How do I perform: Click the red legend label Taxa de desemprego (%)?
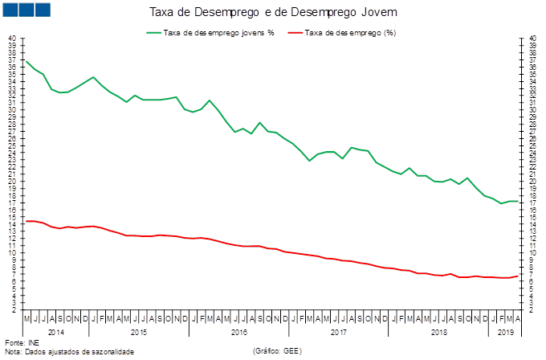coord(350,33)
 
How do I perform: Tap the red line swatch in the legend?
coord(294,33)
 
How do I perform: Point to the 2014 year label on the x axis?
coord(55,330)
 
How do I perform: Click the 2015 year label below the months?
coord(137,330)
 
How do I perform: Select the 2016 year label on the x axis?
coord(238,330)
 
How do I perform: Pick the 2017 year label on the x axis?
coord(338,330)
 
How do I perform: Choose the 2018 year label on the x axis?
coord(438,330)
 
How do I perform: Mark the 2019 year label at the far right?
coord(505,330)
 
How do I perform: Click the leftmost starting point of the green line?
coord(26,61)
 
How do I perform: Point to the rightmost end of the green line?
coord(518,201)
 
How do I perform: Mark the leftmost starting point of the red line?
coord(26,221)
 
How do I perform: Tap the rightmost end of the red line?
coord(518,276)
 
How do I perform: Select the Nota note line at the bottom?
coord(69,351)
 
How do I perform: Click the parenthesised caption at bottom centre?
coord(276,351)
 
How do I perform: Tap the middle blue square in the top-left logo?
coord(26,9)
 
